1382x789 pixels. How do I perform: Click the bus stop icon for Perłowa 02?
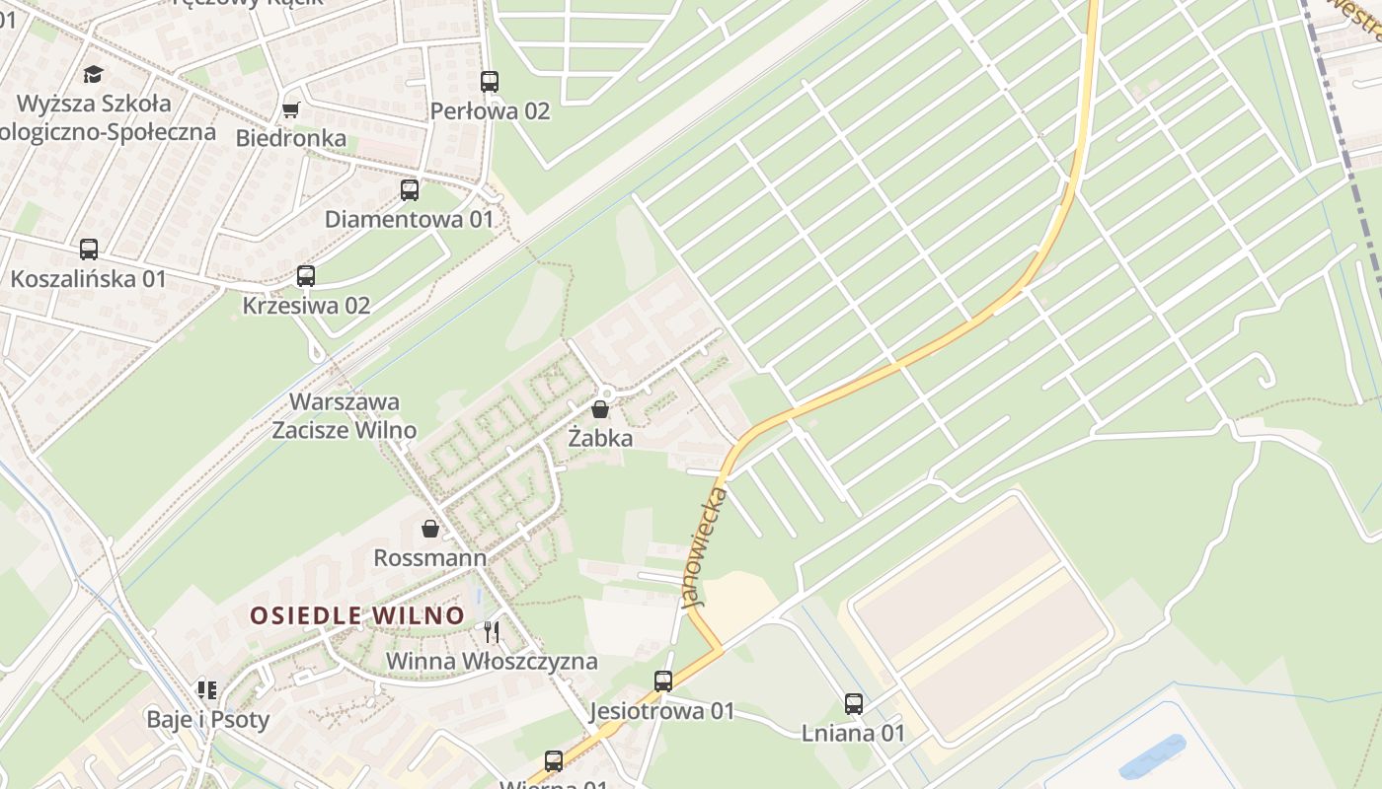pos(490,82)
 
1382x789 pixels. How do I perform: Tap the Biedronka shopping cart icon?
pos(290,108)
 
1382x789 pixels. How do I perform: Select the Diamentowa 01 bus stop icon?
pos(410,190)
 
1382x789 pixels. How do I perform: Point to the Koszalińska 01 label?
pos(89,279)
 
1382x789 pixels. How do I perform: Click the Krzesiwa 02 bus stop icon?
pos(306,276)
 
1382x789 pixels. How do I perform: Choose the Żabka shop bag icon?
pos(600,408)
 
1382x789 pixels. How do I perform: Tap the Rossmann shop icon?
pos(430,530)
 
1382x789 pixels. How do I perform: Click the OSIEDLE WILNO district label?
pos(356,615)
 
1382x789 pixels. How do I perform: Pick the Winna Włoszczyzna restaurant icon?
pos(492,631)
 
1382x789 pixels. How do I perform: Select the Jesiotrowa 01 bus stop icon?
pos(663,681)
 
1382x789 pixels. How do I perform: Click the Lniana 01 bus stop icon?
pos(854,704)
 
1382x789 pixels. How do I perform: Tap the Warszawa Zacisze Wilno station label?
pos(344,416)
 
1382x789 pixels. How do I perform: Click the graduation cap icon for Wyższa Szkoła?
pos(94,74)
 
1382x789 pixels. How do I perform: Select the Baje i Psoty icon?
pos(207,689)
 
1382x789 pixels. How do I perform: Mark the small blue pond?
pos(1153,756)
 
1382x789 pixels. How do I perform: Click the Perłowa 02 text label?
pos(490,111)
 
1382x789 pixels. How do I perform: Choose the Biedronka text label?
pos(291,138)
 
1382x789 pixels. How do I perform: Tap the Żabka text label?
pos(600,438)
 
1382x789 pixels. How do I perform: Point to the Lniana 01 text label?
pos(854,734)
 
